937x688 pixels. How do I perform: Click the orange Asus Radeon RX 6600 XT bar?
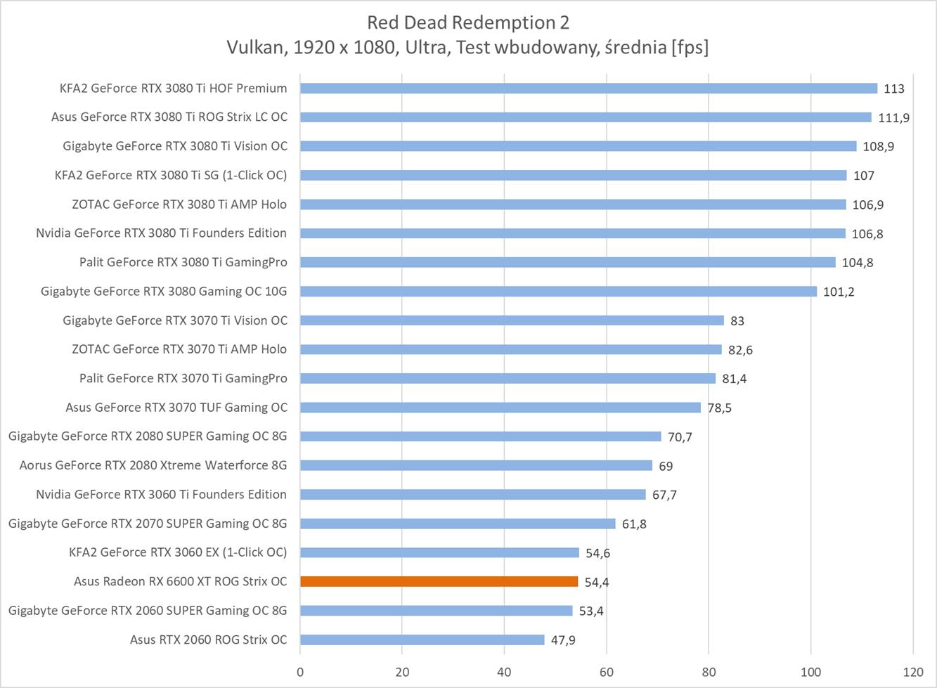coord(439,581)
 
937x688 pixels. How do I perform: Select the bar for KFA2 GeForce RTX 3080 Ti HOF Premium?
coord(588,88)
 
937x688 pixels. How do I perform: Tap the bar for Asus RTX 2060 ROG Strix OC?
coord(422,640)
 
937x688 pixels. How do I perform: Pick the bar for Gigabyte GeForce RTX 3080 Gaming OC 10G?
coord(558,291)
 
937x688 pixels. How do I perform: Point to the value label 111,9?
coord(893,117)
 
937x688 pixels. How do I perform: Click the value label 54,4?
coord(597,582)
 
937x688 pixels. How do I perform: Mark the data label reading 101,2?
coord(838,292)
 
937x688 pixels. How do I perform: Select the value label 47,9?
coord(563,640)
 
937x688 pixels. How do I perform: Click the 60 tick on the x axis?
coord(607,671)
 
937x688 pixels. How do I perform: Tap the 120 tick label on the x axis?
coord(912,671)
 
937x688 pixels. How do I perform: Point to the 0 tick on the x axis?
coord(300,671)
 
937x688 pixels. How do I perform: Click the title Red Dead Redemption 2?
coord(468,22)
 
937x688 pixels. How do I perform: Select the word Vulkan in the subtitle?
coord(250,47)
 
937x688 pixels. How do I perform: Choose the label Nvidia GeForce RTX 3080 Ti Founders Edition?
coord(161,233)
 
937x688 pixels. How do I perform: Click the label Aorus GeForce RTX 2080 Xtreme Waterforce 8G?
coord(153,465)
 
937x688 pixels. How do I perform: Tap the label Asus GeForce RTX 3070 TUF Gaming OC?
coord(176,407)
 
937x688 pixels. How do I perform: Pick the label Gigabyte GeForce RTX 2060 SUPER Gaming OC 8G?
coord(148,610)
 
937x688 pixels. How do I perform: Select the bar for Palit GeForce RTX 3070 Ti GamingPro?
coord(508,378)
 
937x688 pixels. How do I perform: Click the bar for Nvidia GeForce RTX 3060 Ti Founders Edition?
coord(472,494)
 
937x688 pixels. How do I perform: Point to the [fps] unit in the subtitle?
coord(690,47)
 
